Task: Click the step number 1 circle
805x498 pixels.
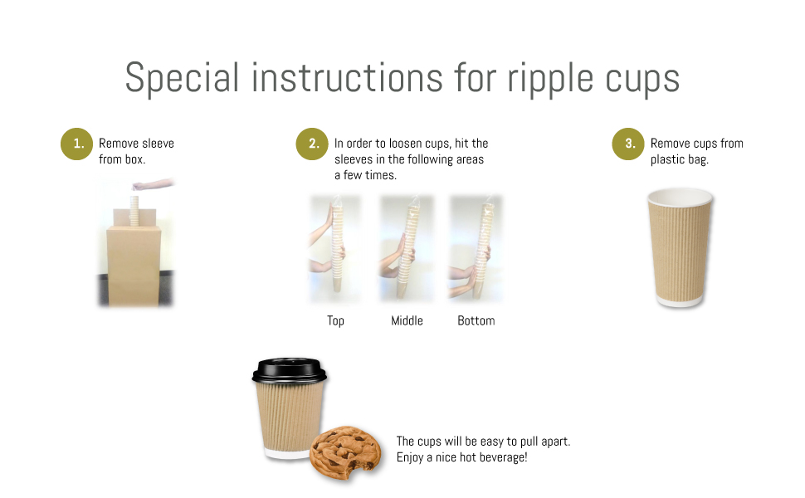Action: (x=77, y=144)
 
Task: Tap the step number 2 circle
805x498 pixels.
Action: (x=313, y=144)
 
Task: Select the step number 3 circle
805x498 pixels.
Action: (x=629, y=144)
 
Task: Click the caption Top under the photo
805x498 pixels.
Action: (x=335, y=320)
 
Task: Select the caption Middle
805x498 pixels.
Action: (x=407, y=320)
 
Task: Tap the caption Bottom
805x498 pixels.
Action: (x=476, y=320)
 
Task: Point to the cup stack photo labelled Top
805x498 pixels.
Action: (x=335, y=249)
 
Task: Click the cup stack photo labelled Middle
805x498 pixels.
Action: (x=406, y=249)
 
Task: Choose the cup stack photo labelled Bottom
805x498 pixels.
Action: (x=476, y=249)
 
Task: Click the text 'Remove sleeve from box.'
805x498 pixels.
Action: (x=136, y=151)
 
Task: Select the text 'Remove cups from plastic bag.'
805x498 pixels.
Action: (x=696, y=151)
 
